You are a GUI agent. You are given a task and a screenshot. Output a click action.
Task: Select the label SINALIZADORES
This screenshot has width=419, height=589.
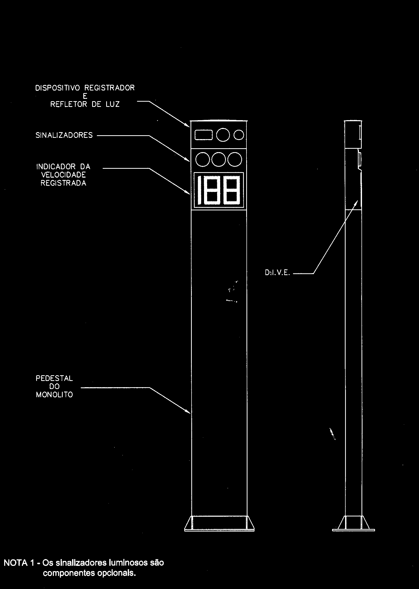tap(64, 135)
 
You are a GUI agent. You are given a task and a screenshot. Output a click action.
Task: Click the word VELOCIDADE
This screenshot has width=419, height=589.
tap(64, 175)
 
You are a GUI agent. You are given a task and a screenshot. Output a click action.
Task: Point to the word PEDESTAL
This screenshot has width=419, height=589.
tap(54, 378)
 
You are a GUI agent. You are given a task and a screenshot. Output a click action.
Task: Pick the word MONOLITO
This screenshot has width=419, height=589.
tap(54, 395)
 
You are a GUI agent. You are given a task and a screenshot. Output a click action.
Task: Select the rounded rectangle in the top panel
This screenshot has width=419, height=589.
tap(204, 135)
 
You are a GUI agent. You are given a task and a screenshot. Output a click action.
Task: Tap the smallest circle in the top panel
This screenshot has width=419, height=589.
tap(239, 135)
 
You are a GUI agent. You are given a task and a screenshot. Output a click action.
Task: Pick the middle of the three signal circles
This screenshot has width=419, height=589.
tap(219, 159)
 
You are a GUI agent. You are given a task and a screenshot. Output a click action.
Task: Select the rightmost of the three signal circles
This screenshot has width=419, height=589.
tap(235, 159)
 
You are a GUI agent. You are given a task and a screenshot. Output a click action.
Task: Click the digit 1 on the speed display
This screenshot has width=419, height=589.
tap(200, 190)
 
